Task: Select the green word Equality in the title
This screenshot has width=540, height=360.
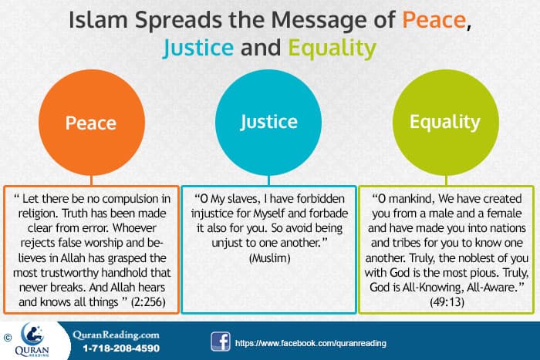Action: (332, 49)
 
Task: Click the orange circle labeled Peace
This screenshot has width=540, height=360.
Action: (90, 123)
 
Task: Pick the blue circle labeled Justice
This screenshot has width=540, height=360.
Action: (269, 122)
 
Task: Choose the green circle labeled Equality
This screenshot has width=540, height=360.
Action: (444, 122)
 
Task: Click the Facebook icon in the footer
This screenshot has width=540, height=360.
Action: (220, 341)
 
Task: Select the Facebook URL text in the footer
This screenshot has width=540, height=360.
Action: (309, 341)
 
